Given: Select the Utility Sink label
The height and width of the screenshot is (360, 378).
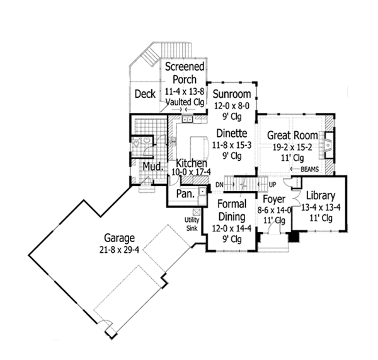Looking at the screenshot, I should tap(192, 222).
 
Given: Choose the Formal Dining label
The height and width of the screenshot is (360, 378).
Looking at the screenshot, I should tap(230, 210).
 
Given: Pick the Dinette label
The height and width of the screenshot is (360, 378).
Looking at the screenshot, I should tap(231, 134).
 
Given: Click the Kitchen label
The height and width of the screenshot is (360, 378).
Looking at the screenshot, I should tap(192, 163).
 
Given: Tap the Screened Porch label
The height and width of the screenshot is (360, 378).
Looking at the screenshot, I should tap(183, 73).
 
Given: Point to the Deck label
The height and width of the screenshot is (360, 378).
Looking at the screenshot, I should tap(145, 94).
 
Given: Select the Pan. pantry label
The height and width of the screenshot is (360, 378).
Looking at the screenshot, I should tap(184, 195).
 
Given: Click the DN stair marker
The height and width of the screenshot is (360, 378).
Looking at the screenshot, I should tap(219, 183).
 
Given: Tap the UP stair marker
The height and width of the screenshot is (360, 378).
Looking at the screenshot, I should tap(272, 183).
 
